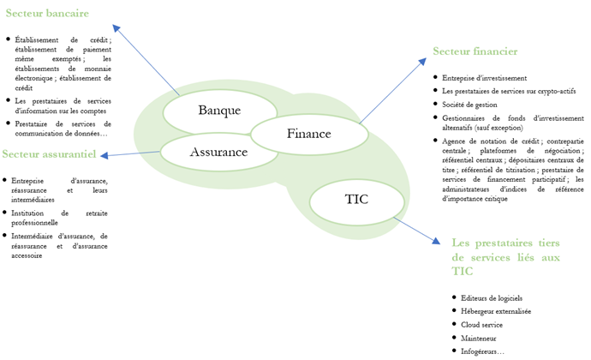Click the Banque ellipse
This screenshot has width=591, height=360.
pyautogui.click(x=219, y=111)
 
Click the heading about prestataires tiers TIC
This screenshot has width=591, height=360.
pyautogui.click(x=504, y=256)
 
